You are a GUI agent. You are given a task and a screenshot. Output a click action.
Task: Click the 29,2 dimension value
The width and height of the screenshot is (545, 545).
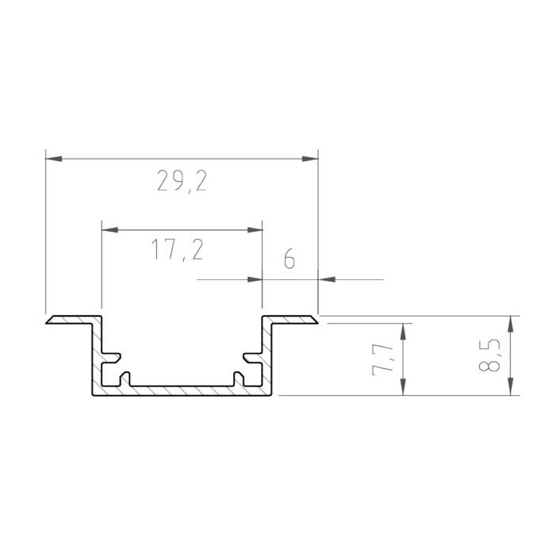tap(182, 182)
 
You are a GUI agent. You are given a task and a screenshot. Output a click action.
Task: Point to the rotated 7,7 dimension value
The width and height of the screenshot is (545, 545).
tap(386, 359)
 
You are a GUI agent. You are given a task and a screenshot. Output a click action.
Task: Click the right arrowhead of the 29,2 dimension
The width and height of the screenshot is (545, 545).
tap(309, 159)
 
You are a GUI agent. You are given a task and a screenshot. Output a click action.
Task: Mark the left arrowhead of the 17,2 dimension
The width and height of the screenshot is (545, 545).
tap(110, 230)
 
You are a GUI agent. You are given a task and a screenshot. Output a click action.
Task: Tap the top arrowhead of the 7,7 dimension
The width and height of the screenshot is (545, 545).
tap(405, 331)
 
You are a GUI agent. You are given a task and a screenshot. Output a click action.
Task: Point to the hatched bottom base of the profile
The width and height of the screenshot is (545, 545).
tap(182, 390)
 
